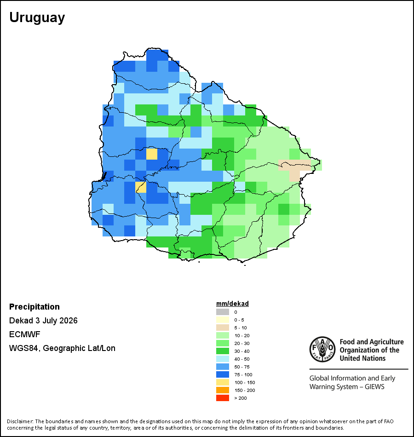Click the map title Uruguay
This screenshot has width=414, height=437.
[x=37, y=18]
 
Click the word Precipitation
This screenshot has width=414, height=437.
[x=34, y=307]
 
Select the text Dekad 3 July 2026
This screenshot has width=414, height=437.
[x=43, y=321]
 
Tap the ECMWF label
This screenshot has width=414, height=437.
[x=24, y=334]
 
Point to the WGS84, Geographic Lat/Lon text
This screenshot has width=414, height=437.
[x=62, y=348]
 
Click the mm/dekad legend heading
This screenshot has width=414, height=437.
[x=232, y=304]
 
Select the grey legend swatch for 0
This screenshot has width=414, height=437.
[x=223, y=312]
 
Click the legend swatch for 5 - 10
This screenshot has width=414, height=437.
[x=223, y=328]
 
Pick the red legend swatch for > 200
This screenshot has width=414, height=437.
[x=223, y=398]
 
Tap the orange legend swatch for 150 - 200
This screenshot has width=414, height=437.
[x=223, y=390]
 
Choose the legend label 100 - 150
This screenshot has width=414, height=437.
[x=245, y=382]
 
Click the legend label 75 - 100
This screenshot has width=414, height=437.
[x=243, y=374]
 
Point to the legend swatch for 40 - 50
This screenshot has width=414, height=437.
[x=223, y=359]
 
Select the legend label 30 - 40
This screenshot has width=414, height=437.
[x=241, y=351]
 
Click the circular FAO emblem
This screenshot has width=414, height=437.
[x=322, y=349]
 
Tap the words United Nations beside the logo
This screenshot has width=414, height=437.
[x=362, y=358]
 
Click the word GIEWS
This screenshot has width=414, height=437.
[x=374, y=387]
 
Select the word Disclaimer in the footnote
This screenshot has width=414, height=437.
[x=20, y=421]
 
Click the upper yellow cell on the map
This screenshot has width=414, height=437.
[x=152, y=154]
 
